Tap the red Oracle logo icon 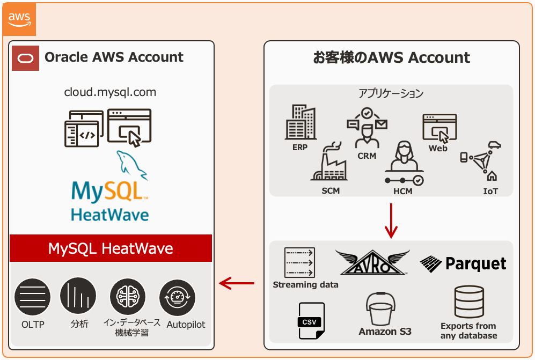click(x=25, y=58)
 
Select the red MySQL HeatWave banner click(x=111, y=248)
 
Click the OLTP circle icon click(x=32, y=297)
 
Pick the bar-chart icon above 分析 click(x=78, y=296)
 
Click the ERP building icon click(x=300, y=122)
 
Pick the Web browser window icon click(x=439, y=127)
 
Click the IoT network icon click(x=480, y=161)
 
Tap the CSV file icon click(x=311, y=321)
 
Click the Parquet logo click(x=463, y=263)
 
